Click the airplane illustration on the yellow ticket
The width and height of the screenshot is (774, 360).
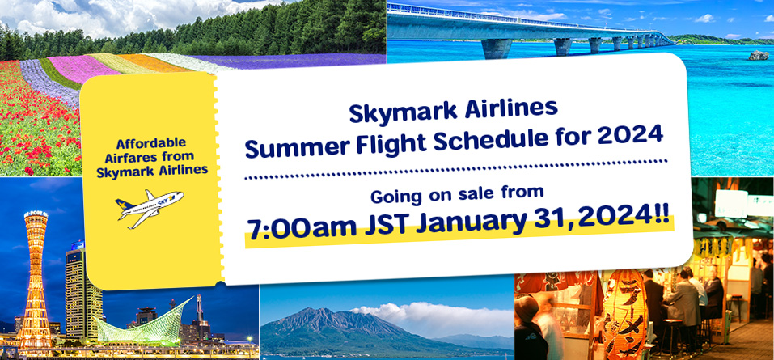click(149, 207)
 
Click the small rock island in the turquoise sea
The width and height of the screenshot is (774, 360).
click(758, 55)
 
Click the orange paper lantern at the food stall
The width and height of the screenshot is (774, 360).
click(624, 315)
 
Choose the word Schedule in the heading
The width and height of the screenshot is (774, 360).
click(484, 139)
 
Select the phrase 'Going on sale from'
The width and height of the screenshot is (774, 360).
click(457, 195)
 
